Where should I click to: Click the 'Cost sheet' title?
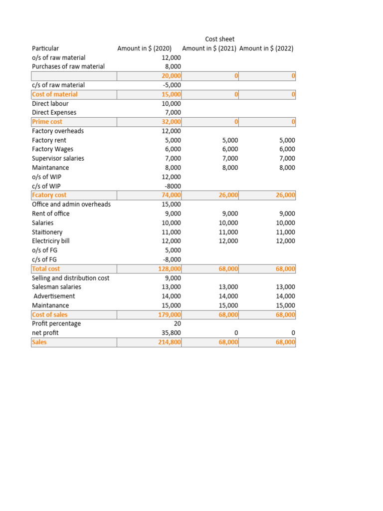point(219,39)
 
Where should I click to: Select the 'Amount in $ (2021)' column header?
point(209,48)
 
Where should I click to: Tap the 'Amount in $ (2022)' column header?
point(266,48)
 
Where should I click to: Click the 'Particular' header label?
point(45,48)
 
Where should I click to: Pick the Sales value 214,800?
point(170,342)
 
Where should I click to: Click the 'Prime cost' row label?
point(47,122)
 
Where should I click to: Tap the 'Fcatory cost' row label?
point(49,195)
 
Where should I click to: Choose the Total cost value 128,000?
point(170,268)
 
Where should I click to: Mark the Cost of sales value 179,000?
point(170,314)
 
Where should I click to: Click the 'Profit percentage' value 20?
point(177,323)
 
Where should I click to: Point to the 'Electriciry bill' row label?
point(51,241)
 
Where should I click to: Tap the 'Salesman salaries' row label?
point(56,287)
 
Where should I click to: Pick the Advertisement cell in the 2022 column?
point(285,296)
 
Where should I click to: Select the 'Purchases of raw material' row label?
point(68,66)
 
